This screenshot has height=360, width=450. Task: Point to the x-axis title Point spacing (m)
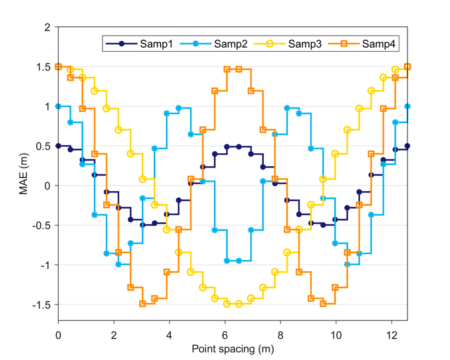(x=232, y=348)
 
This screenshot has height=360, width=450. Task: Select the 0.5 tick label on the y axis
(x=43, y=146)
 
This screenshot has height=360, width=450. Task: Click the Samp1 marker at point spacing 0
(x=59, y=146)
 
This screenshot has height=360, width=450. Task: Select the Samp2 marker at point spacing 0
(x=59, y=106)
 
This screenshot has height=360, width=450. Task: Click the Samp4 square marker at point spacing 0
(x=59, y=66)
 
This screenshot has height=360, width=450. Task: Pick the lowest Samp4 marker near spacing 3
(x=142, y=304)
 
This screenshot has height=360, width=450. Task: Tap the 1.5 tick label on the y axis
(x=43, y=67)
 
